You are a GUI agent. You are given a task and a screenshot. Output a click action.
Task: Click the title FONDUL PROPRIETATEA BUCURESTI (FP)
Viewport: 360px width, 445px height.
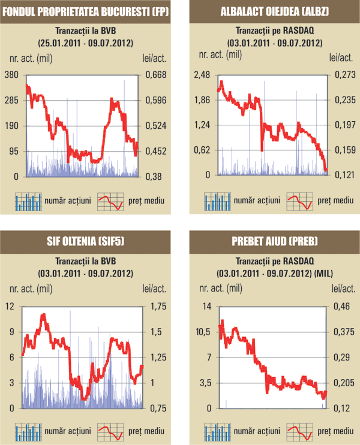tap(85, 11)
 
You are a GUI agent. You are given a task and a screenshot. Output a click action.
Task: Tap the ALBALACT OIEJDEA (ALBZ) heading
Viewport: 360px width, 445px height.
tap(275, 11)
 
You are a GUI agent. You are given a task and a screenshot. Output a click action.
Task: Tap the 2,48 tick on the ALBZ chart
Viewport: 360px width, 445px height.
tap(202, 74)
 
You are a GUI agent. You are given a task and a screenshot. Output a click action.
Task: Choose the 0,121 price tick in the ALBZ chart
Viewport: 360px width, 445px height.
tap(343, 175)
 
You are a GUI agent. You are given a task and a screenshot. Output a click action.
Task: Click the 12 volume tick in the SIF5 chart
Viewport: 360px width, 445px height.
tap(10, 306)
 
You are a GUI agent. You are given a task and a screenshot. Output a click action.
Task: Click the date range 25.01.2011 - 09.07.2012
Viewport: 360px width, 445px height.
tap(85, 43)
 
